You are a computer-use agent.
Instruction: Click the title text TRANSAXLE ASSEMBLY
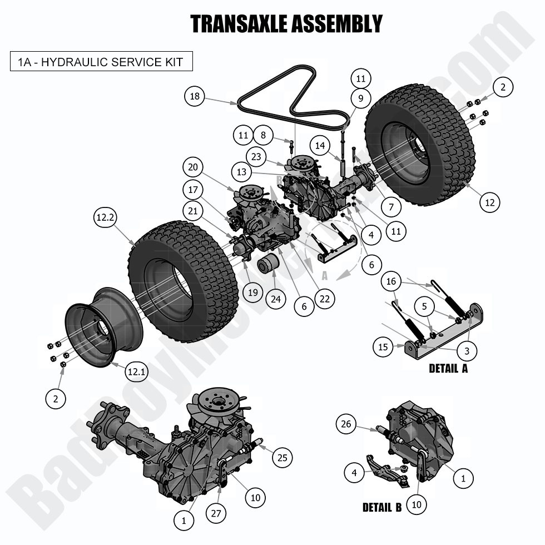[x=286, y=24]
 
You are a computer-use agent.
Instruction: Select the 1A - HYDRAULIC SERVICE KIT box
[x=101, y=61]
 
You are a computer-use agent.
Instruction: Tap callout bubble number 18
[x=194, y=97]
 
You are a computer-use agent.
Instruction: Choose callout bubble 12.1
[x=136, y=371]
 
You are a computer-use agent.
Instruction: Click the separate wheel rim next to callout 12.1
[x=103, y=328]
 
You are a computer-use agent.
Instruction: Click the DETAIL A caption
[x=448, y=369]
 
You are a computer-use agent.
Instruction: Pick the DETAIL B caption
[x=382, y=507]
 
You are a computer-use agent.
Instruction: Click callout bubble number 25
[x=282, y=457]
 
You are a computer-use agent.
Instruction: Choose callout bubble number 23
[x=256, y=157]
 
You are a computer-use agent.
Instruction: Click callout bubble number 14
[x=319, y=146]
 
